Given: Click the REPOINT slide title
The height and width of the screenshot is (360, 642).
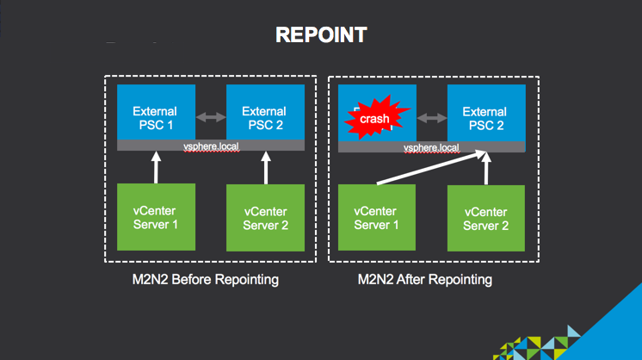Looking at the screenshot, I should (321, 35).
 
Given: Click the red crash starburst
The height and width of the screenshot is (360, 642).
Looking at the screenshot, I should (374, 118).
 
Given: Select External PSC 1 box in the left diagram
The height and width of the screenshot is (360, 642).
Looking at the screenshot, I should (155, 117).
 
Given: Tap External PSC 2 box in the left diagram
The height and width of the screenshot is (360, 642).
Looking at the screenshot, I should (264, 117).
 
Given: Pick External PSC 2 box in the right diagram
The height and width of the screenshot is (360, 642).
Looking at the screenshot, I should (485, 117).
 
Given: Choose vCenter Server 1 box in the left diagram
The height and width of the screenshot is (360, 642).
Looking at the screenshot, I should (155, 217).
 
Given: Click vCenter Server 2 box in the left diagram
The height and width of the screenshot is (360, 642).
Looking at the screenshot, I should (265, 217).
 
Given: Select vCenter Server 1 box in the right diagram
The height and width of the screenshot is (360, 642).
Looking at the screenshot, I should (375, 217).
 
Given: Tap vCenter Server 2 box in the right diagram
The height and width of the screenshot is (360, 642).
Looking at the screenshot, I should (485, 218).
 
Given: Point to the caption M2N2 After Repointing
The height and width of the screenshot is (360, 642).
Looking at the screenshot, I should (424, 280).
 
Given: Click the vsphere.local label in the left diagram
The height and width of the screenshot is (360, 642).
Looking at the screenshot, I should (211, 147).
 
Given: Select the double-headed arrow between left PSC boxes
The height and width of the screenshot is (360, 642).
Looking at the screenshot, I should (210, 115).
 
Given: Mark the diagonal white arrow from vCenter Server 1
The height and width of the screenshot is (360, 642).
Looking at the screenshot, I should (428, 169).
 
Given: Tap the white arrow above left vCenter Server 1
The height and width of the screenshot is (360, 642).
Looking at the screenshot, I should (155, 168).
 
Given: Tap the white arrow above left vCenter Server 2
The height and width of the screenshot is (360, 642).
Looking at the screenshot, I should (265, 168).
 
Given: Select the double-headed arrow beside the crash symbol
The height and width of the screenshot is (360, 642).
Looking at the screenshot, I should (430, 115).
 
